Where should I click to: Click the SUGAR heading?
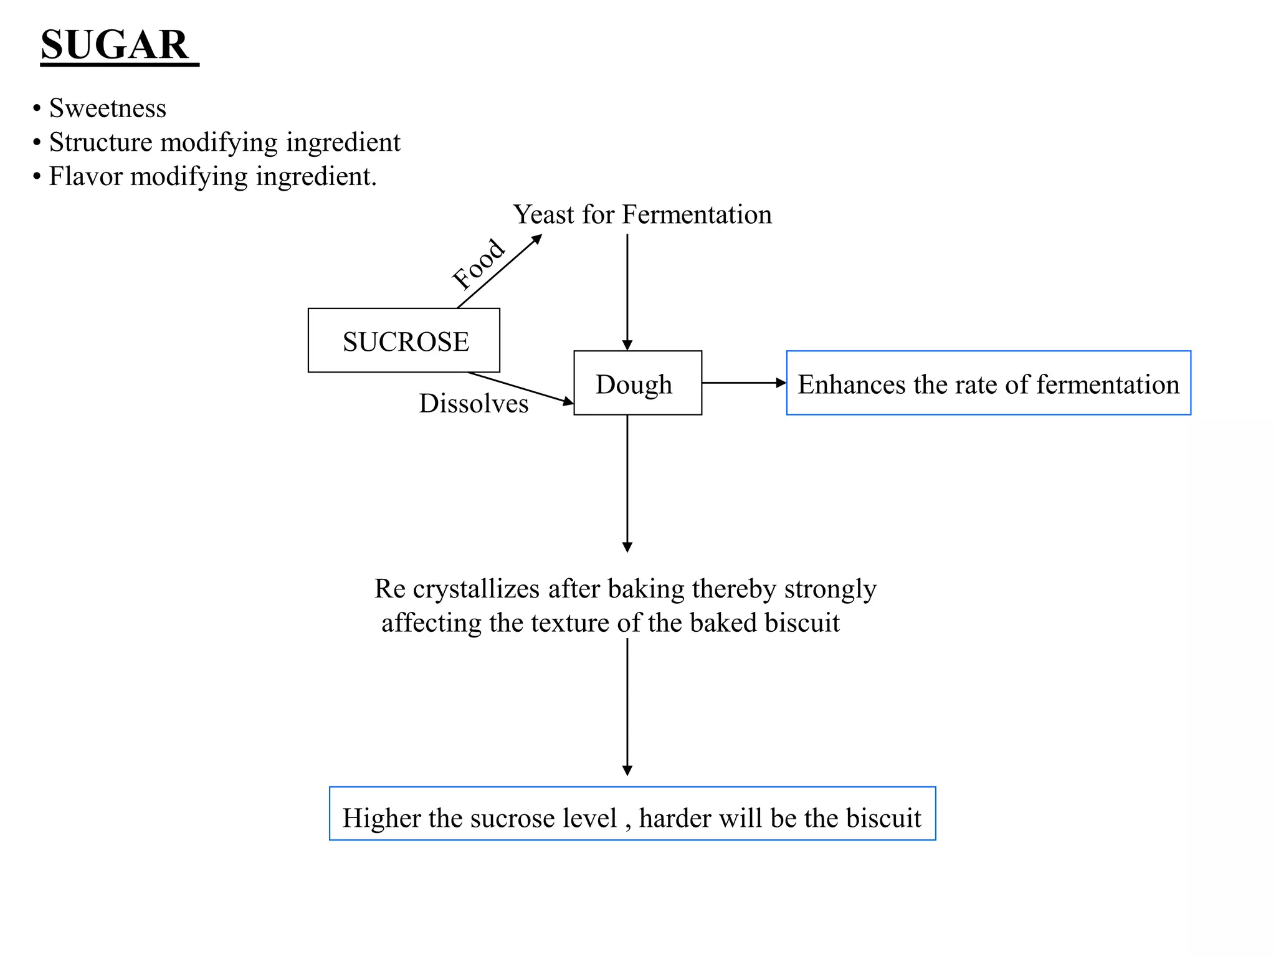click(115, 45)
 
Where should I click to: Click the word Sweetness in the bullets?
click(107, 108)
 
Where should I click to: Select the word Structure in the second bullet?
click(100, 142)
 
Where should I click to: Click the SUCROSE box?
click(404, 341)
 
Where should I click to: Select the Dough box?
click(637, 383)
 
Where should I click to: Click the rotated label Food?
click(478, 264)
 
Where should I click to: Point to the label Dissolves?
click(474, 404)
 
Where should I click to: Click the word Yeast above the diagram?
click(543, 215)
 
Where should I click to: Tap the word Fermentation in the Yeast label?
click(697, 215)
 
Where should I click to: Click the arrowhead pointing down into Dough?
click(627, 345)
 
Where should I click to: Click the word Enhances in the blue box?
click(851, 384)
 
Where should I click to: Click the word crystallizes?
click(476, 589)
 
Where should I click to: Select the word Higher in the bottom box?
click(380, 818)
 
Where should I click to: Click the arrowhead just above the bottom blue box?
click(627, 770)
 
